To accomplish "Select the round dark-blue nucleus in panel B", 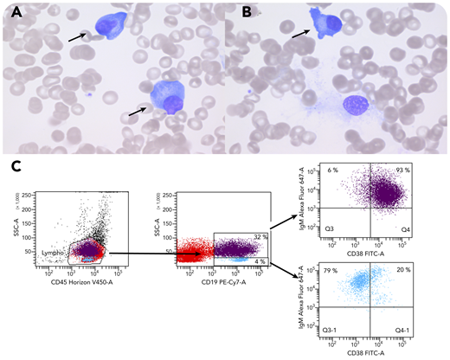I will (356, 107).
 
